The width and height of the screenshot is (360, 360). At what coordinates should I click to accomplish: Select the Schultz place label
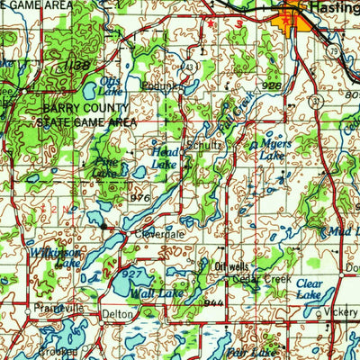[x=202, y=143]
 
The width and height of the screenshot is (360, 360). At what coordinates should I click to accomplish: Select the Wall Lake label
[x=154, y=292]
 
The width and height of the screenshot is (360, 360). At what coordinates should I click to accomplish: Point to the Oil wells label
[x=231, y=266]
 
